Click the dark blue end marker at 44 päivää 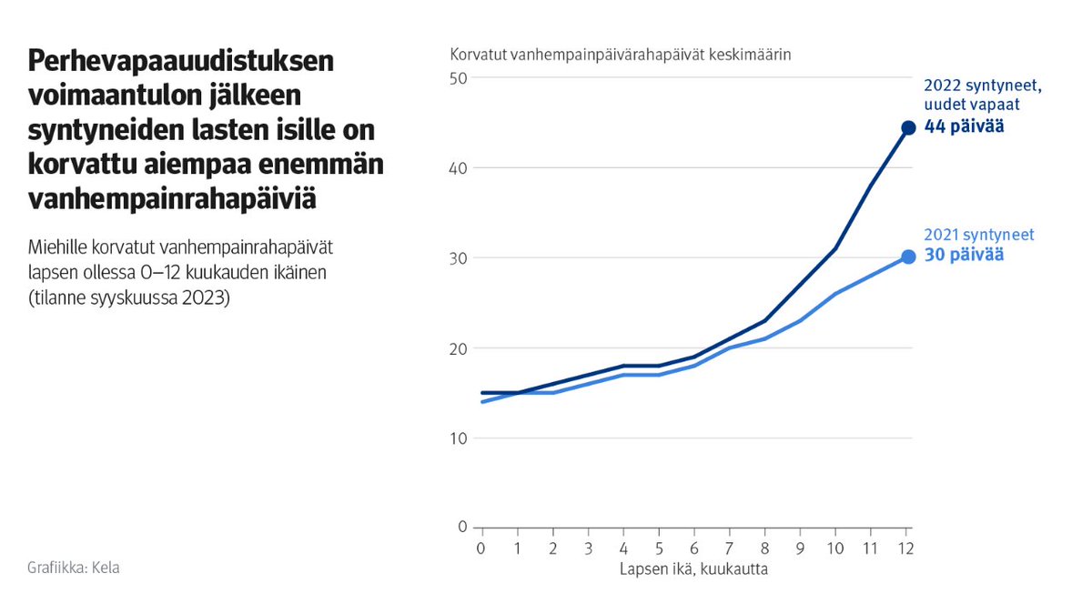coord(907,127)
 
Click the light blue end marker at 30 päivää coord(907,257)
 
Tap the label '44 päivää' coord(964,126)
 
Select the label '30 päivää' coord(964,256)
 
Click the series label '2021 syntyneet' coord(978,235)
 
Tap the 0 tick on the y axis coord(462,528)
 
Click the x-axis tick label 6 coord(694,549)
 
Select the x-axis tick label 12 coord(906,549)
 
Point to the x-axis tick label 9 coord(801,549)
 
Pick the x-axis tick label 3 coord(588,549)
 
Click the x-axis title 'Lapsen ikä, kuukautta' coord(693,570)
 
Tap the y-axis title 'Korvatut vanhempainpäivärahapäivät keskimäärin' coord(621,55)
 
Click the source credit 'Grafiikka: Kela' coord(74,568)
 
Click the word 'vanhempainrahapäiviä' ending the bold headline coord(173,199)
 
